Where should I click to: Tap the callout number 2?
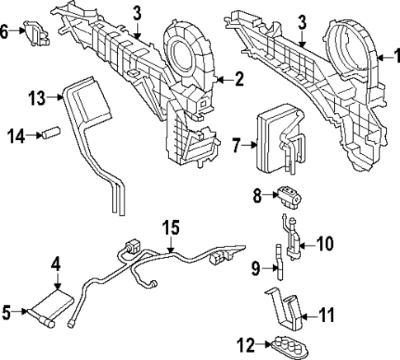[x=239, y=79]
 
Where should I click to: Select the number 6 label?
[x=6, y=31]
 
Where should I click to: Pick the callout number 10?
[x=325, y=244]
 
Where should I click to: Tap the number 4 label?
[x=55, y=264]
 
